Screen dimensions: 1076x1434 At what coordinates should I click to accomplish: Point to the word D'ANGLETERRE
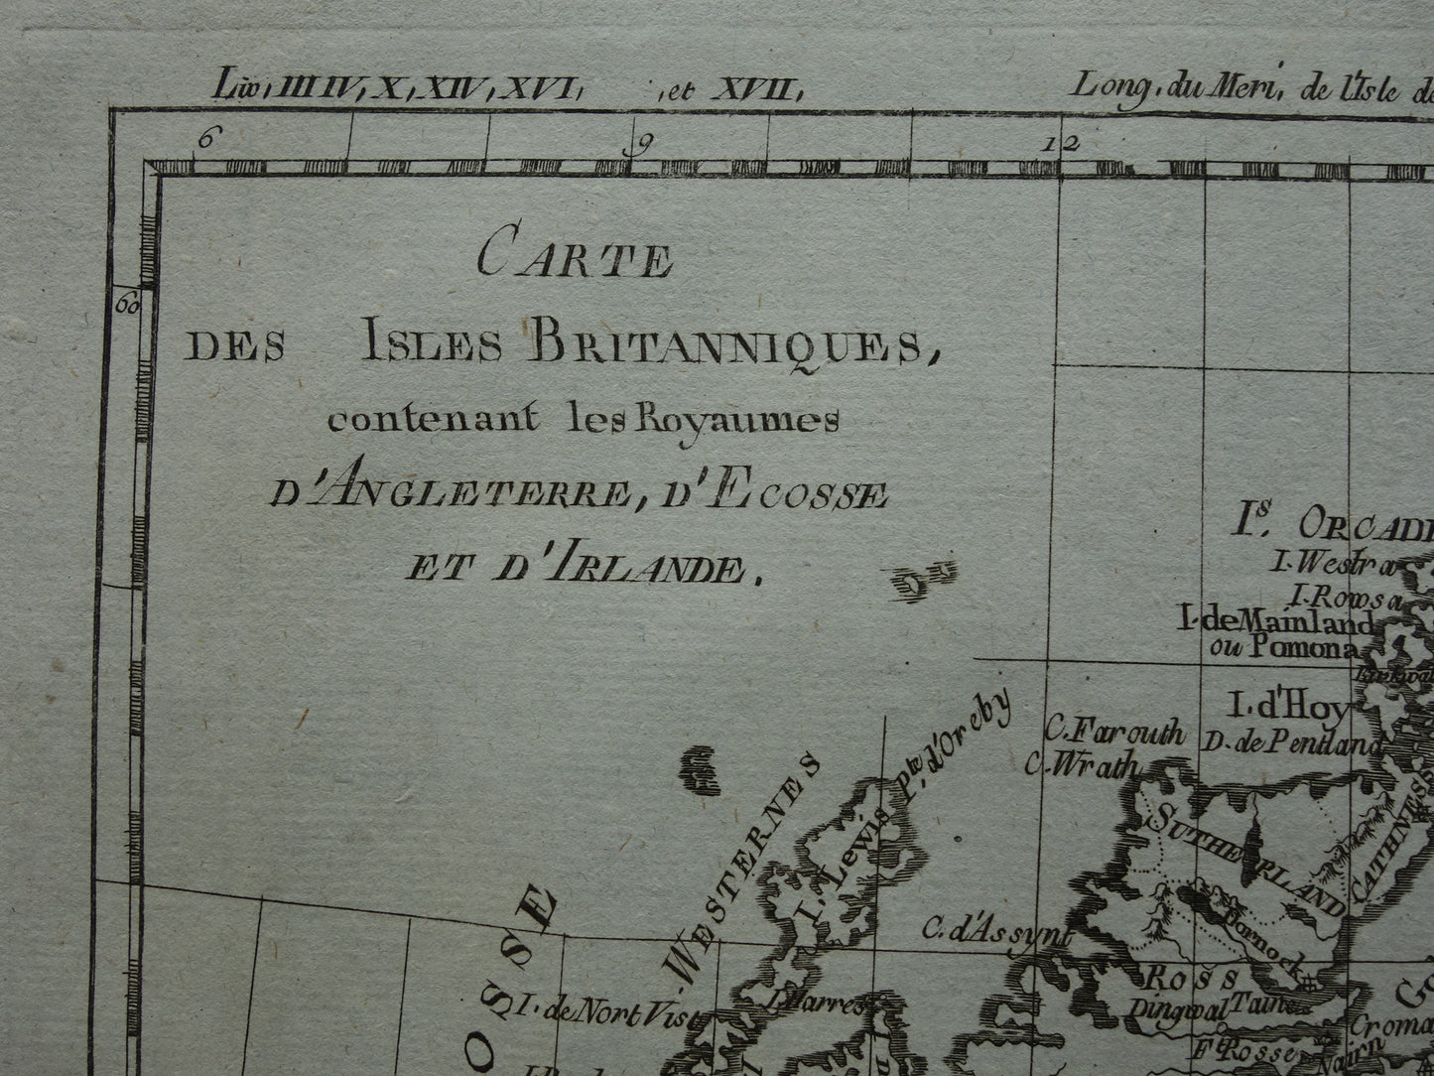pyautogui.click(x=448, y=492)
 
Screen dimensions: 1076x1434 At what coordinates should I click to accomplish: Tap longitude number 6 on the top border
pyautogui.click(x=205, y=140)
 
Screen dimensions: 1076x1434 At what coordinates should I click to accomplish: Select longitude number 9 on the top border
pyautogui.click(x=642, y=144)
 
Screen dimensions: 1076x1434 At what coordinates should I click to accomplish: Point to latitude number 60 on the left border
pyautogui.click(x=128, y=303)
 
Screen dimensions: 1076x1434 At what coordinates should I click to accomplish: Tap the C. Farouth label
pyautogui.click(x=1114, y=734)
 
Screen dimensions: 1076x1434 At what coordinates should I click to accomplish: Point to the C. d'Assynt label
pyautogui.click(x=996, y=932)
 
